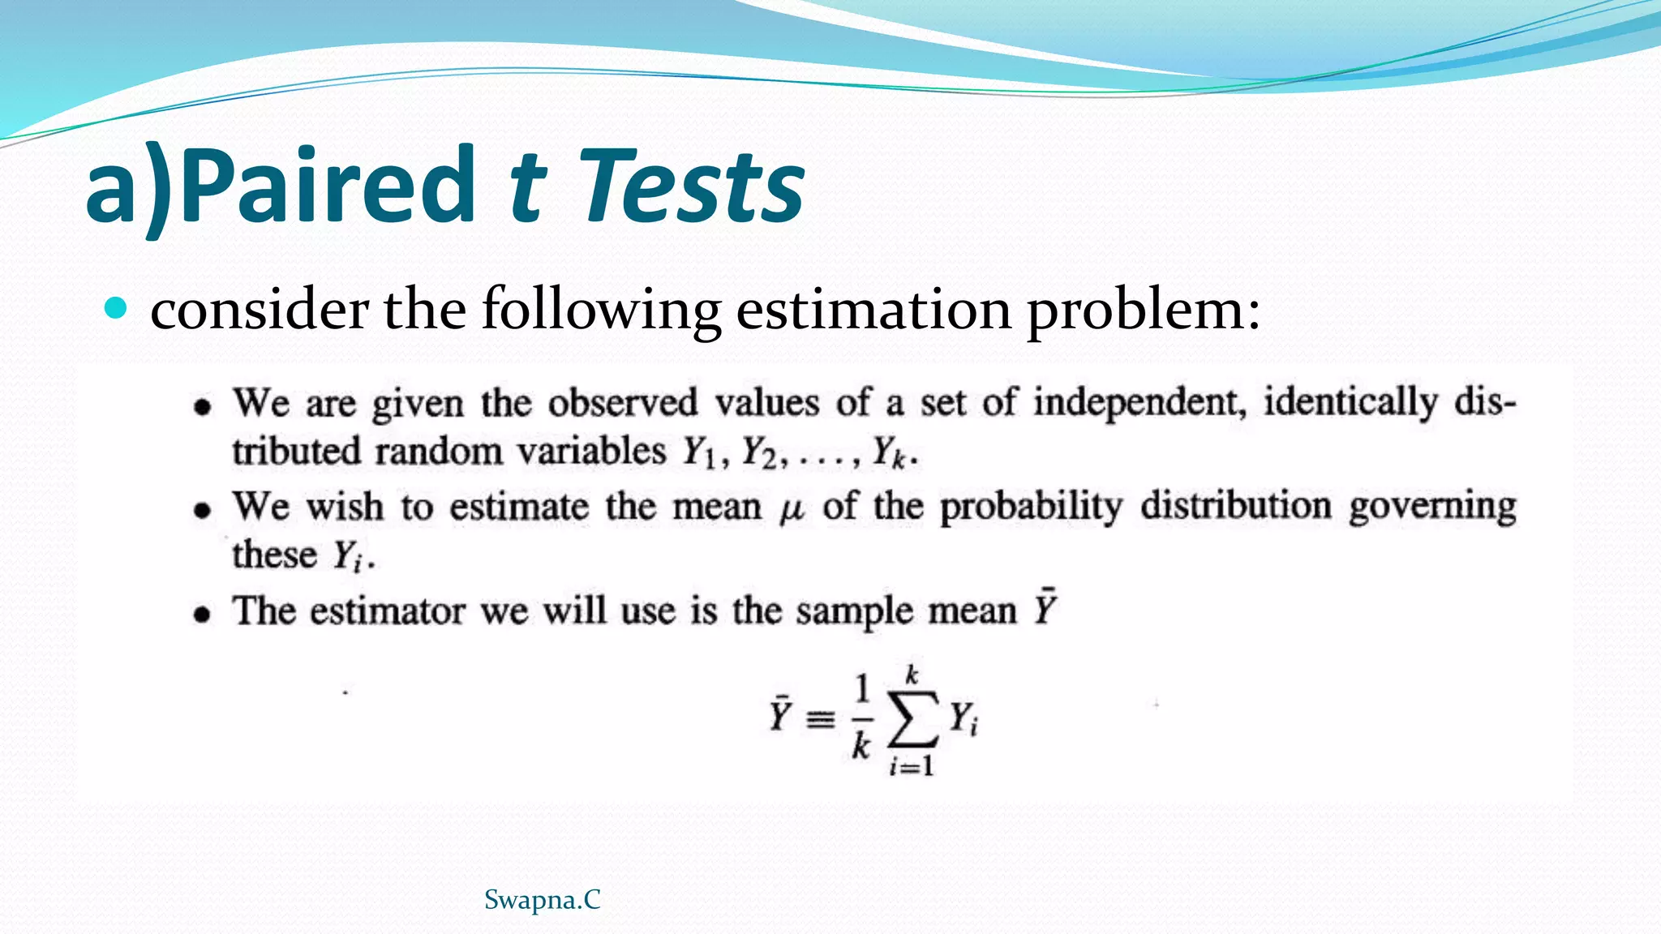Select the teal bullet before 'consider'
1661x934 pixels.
117,308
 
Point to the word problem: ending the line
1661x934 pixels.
1144,311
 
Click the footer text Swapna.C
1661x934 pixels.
542,900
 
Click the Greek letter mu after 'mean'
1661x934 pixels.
791,510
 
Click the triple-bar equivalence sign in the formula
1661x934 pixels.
820,718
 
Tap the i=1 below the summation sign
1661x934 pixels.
912,765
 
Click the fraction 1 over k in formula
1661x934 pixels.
861,718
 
